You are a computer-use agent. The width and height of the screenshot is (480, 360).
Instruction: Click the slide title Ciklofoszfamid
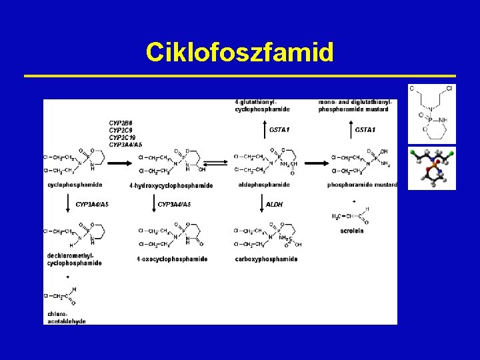pyautogui.click(x=240, y=52)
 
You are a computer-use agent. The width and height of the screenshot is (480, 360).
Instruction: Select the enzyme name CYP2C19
pyautogui.click(x=122, y=137)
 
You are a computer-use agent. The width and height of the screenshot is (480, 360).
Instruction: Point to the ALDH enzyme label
pyautogui.click(x=275, y=204)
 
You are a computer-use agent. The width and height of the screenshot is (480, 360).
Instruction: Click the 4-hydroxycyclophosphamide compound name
pyautogui.click(x=171, y=185)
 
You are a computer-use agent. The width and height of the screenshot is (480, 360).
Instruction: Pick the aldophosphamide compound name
pyautogui.click(x=264, y=185)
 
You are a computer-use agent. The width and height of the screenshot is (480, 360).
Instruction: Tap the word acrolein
pyautogui.click(x=352, y=231)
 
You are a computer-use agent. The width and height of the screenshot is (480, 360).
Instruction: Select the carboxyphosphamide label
pyautogui.click(x=267, y=259)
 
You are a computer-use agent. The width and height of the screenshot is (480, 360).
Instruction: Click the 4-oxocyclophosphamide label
pyautogui.click(x=172, y=259)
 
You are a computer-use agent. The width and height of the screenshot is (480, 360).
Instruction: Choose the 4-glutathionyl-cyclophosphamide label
pyautogui.click(x=262, y=105)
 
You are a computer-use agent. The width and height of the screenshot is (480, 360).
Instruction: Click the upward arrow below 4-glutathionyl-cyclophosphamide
pyautogui.click(x=257, y=129)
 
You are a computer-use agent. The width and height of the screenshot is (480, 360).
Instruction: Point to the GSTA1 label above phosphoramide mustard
pyautogui.click(x=365, y=129)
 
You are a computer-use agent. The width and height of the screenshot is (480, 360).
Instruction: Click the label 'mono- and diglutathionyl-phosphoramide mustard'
pyautogui.click(x=355, y=105)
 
